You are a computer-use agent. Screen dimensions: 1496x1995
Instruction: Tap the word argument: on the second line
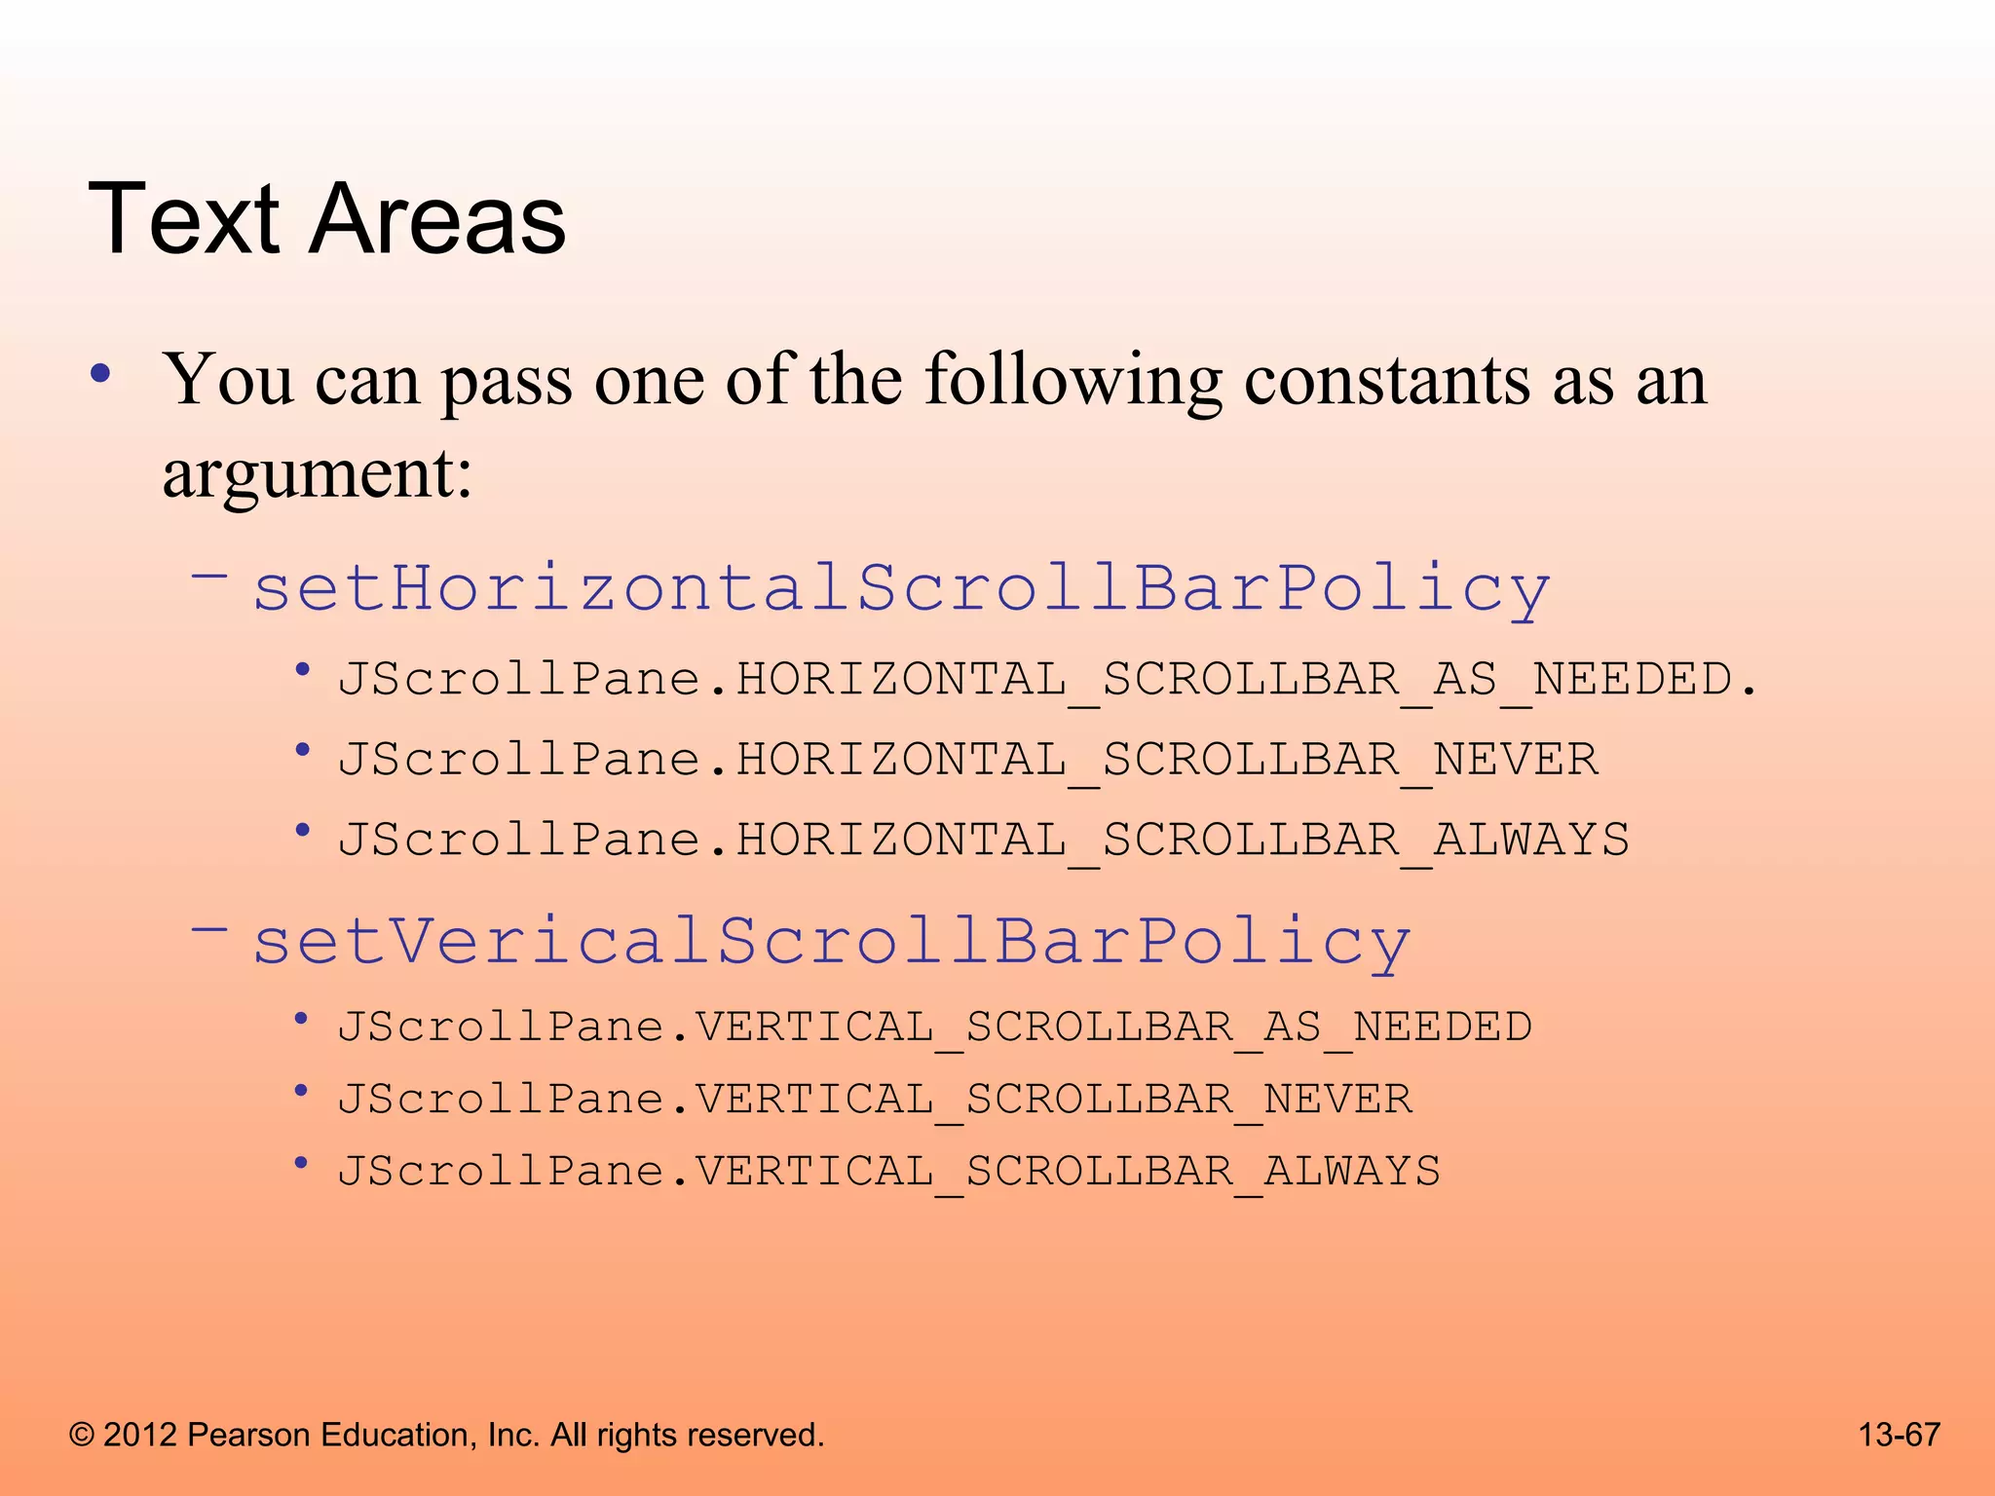tap(318, 474)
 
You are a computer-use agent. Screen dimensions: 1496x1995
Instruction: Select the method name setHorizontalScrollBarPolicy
tap(901, 588)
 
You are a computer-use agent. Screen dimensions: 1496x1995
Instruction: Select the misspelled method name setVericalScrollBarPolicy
tap(832, 941)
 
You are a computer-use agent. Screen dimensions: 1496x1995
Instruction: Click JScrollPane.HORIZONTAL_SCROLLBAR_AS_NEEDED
tap(1047, 679)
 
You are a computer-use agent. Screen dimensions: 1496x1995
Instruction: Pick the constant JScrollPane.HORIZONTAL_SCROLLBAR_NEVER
tap(967, 760)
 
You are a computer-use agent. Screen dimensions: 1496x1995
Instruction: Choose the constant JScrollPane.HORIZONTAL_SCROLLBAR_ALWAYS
tap(983, 840)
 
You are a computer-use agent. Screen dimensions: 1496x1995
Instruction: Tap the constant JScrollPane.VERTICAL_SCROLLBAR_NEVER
tap(874, 1100)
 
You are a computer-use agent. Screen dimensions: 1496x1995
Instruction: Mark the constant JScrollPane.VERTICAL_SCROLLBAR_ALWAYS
tap(888, 1172)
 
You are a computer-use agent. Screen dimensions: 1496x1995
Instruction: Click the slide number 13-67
tap(1899, 1435)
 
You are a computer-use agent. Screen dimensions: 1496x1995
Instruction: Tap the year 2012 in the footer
tap(140, 1436)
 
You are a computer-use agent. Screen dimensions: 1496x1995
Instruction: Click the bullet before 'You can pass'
tap(100, 374)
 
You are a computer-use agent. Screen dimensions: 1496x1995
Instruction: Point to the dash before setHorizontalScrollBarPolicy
tap(209, 576)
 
